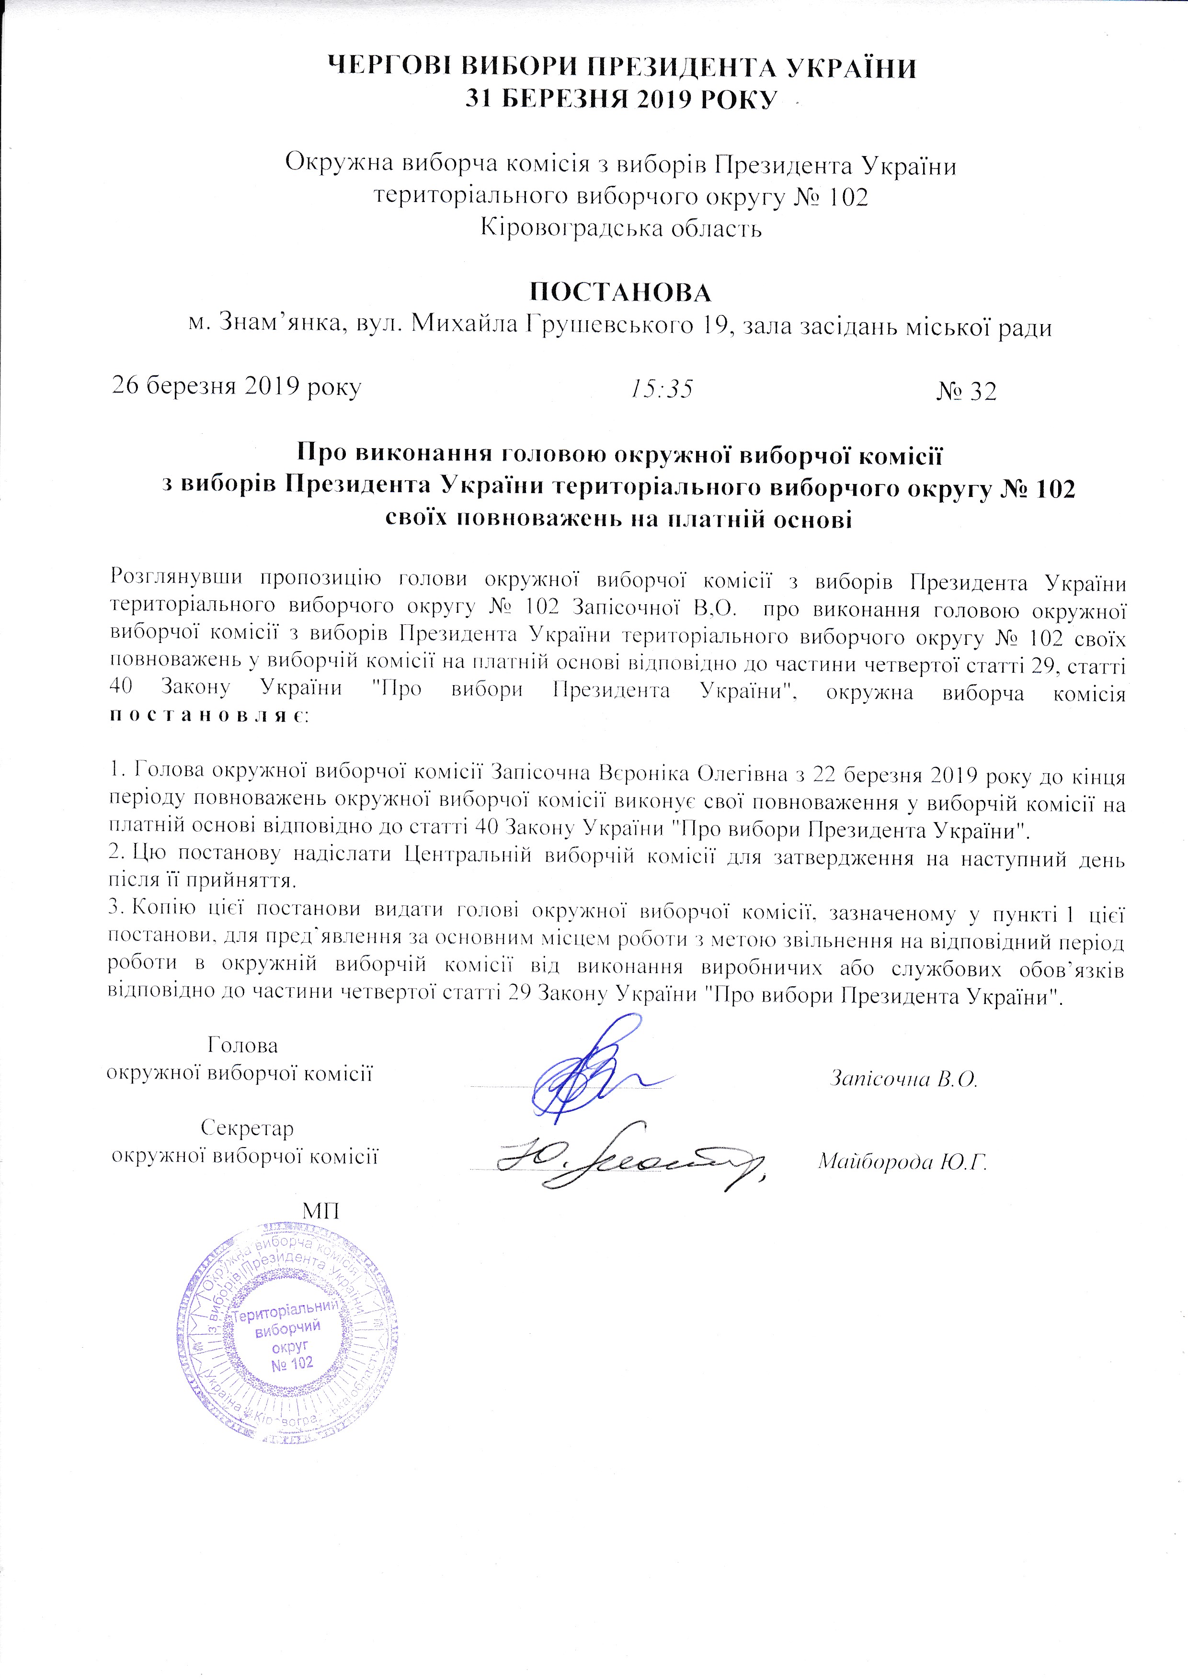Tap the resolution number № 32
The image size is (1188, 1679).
coord(966,391)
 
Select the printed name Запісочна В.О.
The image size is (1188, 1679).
coord(904,1079)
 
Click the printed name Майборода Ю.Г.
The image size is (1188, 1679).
coord(902,1161)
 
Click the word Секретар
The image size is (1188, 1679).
coord(247,1127)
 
